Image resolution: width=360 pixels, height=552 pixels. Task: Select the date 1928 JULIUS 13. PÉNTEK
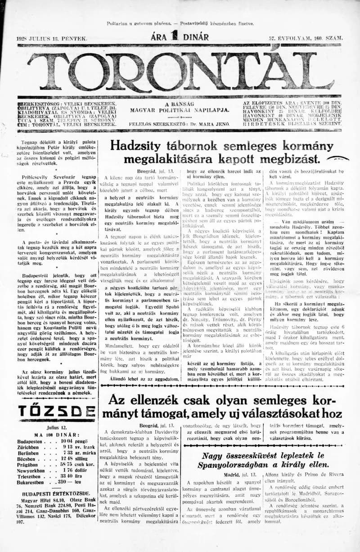52,39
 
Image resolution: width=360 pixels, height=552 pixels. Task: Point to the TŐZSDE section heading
56,411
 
